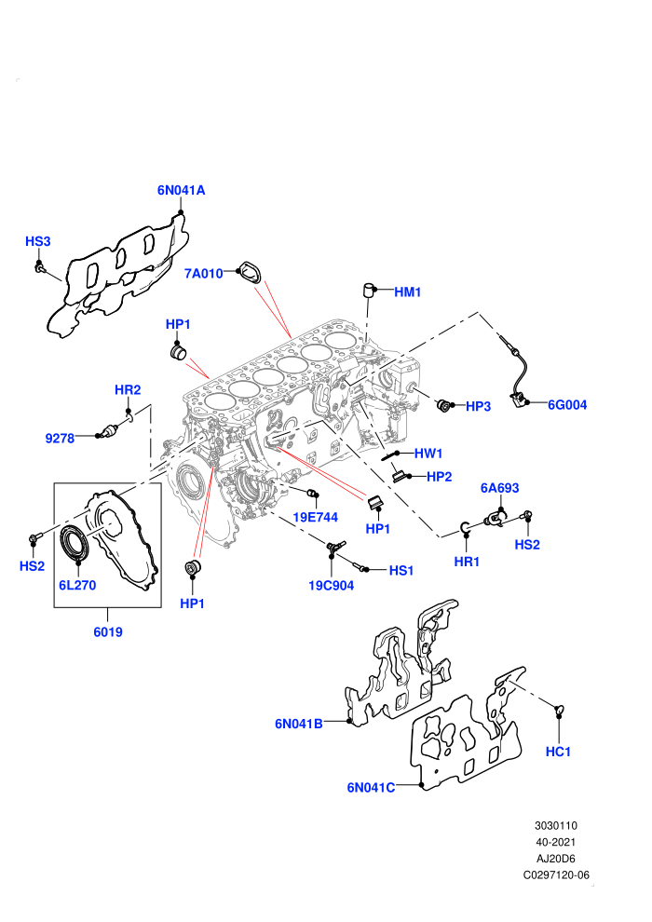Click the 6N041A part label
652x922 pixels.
click(x=181, y=190)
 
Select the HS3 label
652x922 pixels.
click(x=37, y=241)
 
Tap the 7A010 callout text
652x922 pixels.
click(x=203, y=274)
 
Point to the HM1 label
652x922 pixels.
click(x=407, y=292)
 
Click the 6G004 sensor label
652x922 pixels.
click(x=567, y=404)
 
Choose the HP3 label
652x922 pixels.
click(x=478, y=406)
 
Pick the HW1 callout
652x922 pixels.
click(x=428, y=454)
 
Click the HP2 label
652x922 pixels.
click(x=440, y=477)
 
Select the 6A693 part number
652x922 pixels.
click(x=500, y=488)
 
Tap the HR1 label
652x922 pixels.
click(x=467, y=563)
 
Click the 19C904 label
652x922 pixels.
click(x=331, y=586)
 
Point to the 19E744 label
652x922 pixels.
click(x=316, y=518)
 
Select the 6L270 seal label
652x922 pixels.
click(x=77, y=585)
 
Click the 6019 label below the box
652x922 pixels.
click(x=108, y=632)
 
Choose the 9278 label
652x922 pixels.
click(x=60, y=438)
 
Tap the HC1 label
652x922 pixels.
click(x=558, y=752)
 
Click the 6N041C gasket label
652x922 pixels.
click(x=371, y=787)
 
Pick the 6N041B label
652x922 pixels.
click(x=299, y=724)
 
